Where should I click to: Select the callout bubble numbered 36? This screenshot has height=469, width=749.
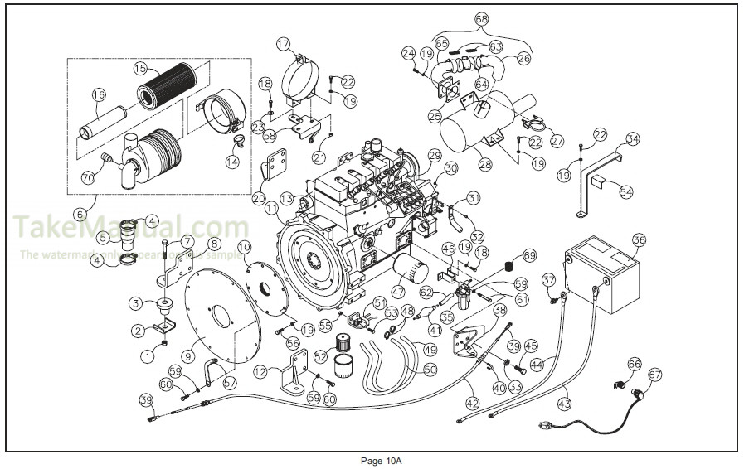(x=638, y=240)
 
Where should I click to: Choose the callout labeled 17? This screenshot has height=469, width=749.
(x=284, y=43)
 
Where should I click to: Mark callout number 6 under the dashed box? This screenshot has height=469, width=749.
(x=80, y=214)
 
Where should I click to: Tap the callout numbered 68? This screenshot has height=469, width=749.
(x=482, y=18)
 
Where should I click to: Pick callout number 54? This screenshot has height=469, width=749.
(x=626, y=191)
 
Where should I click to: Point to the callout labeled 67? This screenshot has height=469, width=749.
(x=656, y=375)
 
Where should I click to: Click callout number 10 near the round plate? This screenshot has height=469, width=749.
(x=244, y=246)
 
